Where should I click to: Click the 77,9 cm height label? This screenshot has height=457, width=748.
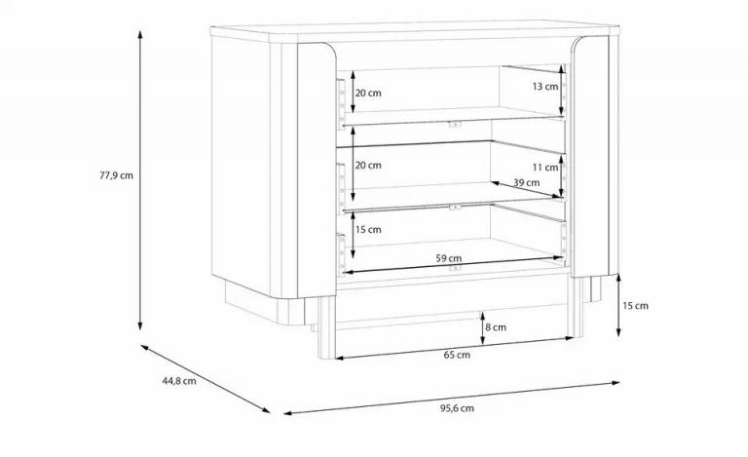point(117,175)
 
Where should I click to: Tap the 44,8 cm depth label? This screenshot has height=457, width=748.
point(179,381)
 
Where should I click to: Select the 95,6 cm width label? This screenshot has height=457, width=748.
point(457,408)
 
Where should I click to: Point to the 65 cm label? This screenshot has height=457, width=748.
point(457,355)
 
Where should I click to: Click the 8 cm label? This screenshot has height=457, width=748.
point(496,327)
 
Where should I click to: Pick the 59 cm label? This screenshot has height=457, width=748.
point(448,258)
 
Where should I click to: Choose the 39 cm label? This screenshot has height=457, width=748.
point(527,182)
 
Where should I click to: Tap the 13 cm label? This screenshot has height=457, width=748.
point(545,87)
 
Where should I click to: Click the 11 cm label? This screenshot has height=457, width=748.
point(545,167)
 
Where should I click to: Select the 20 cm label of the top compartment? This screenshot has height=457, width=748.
point(368,93)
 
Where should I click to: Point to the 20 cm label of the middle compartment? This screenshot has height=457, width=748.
point(368,165)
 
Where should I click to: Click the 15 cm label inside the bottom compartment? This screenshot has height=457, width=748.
point(368,229)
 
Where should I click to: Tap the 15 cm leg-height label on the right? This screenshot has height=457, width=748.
point(635,305)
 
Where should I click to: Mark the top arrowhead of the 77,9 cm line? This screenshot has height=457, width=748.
point(140,34)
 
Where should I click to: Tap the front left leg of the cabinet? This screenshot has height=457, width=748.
point(327,327)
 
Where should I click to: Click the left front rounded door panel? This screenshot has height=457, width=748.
point(317,170)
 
